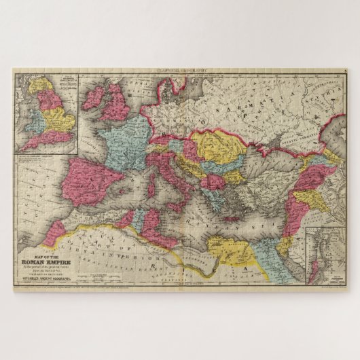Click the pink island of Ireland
94,98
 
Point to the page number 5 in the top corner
345,70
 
